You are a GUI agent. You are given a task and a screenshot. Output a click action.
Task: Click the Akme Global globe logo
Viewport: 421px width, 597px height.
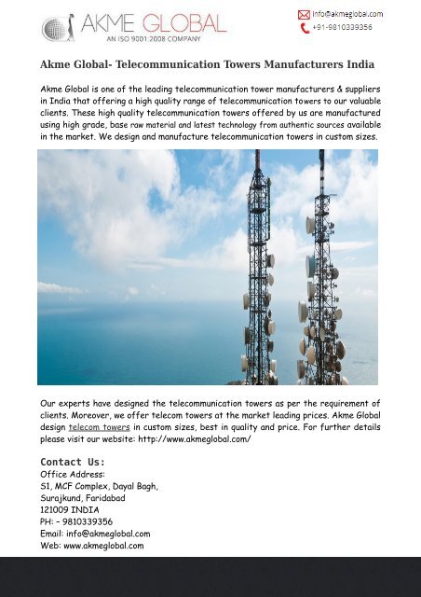(x=61, y=25)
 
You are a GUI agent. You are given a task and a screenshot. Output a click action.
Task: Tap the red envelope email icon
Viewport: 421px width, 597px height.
(x=304, y=14)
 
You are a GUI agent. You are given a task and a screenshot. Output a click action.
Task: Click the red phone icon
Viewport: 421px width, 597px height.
(x=304, y=28)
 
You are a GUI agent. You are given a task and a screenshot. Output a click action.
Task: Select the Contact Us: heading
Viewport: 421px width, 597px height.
(x=73, y=462)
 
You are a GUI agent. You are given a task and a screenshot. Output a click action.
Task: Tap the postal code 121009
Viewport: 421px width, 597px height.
(x=57, y=510)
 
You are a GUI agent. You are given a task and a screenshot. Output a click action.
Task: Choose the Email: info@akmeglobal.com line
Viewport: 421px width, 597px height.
(x=95, y=535)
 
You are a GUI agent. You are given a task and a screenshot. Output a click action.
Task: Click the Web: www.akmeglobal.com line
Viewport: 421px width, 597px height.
(x=92, y=547)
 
